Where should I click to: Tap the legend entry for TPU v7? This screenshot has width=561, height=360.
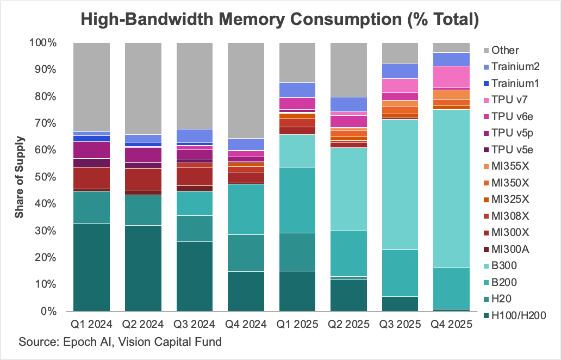coord(505,100)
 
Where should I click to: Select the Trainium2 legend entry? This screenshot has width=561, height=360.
coord(512,66)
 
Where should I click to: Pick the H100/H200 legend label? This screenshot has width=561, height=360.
coord(514,315)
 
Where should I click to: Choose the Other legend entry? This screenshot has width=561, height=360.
coord(501,50)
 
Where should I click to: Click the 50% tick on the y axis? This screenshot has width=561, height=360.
coord(45,177)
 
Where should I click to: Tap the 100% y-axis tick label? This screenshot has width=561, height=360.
coord(43,43)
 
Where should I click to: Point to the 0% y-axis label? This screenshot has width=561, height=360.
coord(48,312)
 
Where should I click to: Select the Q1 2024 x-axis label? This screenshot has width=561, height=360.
coord(91,324)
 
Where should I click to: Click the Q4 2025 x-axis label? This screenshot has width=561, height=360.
coord(452,324)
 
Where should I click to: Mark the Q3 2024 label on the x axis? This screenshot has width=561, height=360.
coord(194,324)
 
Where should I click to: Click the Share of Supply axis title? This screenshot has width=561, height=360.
coord(19,177)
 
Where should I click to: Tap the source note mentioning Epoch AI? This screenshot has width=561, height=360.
coord(120,342)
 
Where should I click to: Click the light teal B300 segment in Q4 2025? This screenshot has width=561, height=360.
coord(452,189)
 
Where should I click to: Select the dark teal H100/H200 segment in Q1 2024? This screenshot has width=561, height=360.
coord(91,268)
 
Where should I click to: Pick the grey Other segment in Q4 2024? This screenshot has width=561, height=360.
coord(246,90)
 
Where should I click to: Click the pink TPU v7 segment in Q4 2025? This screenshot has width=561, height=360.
coord(452,77)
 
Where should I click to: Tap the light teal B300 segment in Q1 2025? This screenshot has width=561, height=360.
coord(297,151)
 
